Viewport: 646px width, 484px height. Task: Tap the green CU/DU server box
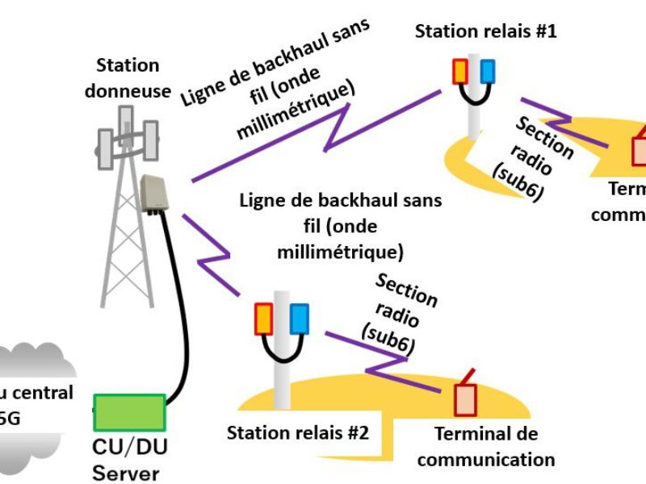pyautogui.click(x=129, y=412)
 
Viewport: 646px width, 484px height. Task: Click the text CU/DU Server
pyautogui.click(x=132, y=461)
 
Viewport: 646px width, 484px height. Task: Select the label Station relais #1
pyautogui.click(x=486, y=31)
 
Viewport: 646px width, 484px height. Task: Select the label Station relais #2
pyautogui.click(x=298, y=432)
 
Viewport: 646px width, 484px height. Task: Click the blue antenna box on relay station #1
pyautogui.click(x=486, y=71)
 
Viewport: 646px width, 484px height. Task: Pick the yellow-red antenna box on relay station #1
pyautogui.click(x=459, y=71)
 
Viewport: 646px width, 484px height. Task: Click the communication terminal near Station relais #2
pyautogui.click(x=466, y=396)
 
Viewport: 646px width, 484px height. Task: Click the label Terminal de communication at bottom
pyautogui.click(x=486, y=447)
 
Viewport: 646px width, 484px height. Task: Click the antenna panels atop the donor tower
pyautogui.click(x=125, y=137)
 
